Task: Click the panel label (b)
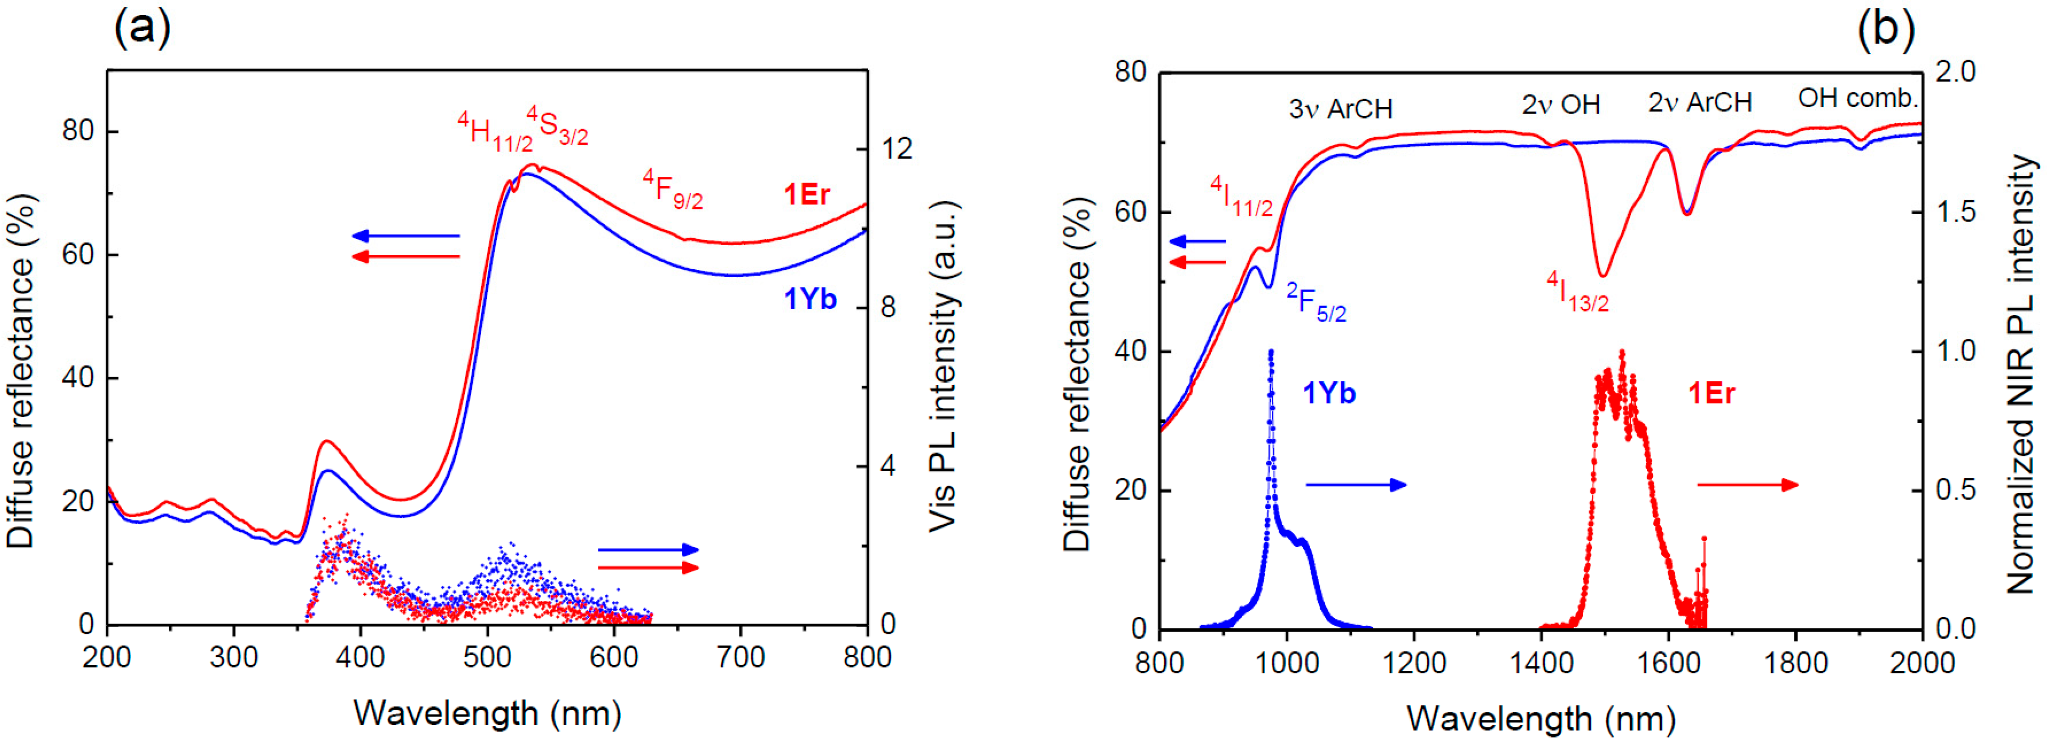coord(1885,30)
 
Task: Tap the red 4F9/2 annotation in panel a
coord(672,189)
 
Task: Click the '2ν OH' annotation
coord(1560,104)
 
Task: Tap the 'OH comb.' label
coord(1858,99)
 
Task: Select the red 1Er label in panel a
coord(807,195)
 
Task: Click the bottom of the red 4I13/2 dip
coord(1603,275)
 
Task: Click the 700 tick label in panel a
coord(740,657)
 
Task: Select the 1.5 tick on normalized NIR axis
coord(1955,212)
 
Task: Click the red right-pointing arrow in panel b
coord(1747,485)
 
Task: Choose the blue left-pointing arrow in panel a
coord(405,236)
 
